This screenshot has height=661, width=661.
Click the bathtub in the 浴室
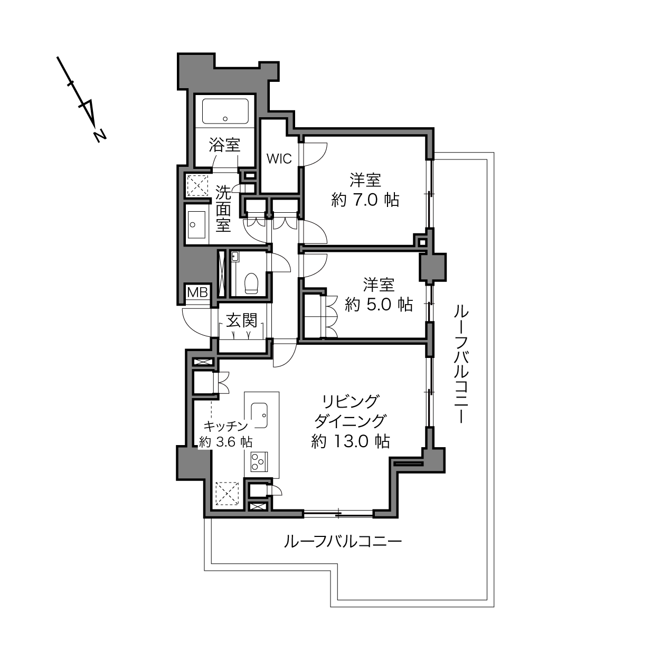[225, 111]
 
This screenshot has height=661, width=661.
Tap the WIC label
[279, 159]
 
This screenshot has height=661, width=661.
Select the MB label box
[197, 292]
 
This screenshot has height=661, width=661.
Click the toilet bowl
[251, 284]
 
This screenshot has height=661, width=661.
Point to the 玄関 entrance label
[241, 320]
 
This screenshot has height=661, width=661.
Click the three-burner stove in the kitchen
[259, 462]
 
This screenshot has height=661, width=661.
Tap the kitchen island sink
[259, 416]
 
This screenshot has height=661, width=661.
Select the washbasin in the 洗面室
[196, 224]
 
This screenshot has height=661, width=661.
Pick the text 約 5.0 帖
[379, 304]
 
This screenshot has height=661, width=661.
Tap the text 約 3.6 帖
[226, 442]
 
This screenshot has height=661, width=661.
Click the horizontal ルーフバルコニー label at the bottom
[343, 542]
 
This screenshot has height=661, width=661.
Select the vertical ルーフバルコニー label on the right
[461, 364]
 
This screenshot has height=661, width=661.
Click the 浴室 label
[225, 145]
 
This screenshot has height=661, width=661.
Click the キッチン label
[226, 426]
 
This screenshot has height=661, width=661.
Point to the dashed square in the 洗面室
[197, 185]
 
